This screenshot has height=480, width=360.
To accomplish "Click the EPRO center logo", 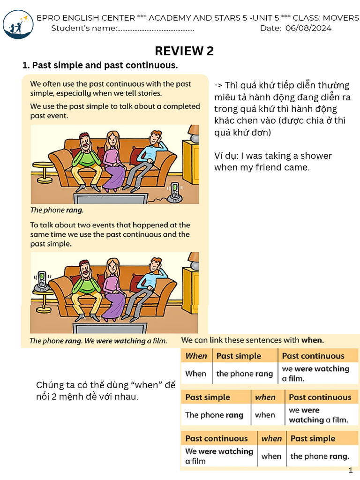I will pos(18,25).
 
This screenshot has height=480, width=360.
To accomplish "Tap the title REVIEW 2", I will pos(184,51).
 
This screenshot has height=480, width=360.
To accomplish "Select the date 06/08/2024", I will pos(307,28).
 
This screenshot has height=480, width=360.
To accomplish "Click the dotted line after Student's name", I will pos(155,29).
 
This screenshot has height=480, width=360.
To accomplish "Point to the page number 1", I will pos(350,470).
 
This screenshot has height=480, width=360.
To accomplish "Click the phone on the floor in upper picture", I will pos(175,192).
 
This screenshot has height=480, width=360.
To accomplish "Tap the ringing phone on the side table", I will pos(42,281).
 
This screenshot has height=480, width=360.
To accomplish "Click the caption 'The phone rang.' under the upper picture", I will pos(54,210).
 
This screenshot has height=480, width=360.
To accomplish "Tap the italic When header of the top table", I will pos(196,356).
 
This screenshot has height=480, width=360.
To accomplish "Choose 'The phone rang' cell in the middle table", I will pos(214,415).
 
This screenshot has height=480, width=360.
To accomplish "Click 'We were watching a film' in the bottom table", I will pos(219,456).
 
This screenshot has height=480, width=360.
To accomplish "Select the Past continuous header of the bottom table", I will pos(217,438).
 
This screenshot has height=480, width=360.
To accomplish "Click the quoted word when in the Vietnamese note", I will pos(149,385).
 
